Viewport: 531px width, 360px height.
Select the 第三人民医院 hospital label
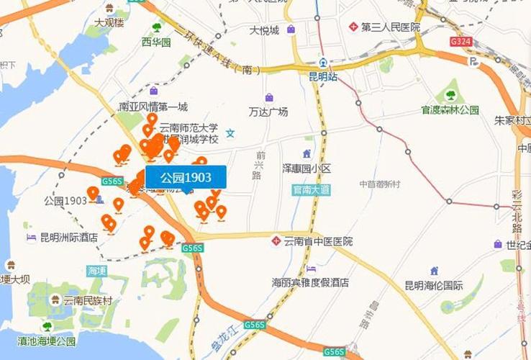[x=390, y=27]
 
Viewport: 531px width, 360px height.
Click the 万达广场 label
[x=268, y=112]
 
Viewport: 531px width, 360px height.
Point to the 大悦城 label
[x=264, y=30]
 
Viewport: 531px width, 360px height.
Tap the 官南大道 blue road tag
[x=311, y=190]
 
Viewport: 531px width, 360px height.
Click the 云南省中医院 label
[x=318, y=241]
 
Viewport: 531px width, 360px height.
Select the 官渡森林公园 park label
[x=450, y=110]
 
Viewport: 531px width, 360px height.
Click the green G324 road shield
[x=460, y=42]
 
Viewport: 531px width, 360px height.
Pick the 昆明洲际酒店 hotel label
[x=68, y=237]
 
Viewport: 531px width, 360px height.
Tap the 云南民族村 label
[x=87, y=300]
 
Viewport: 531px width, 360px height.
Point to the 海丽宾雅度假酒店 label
[x=310, y=282]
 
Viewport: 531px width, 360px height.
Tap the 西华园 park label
[x=156, y=42]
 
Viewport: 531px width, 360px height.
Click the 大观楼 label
[x=109, y=22]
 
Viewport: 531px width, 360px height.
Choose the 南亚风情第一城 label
[x=153, y=107]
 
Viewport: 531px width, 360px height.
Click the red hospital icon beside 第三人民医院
[x=353, y=27]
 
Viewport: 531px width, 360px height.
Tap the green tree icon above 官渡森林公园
[x=450, y=94]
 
